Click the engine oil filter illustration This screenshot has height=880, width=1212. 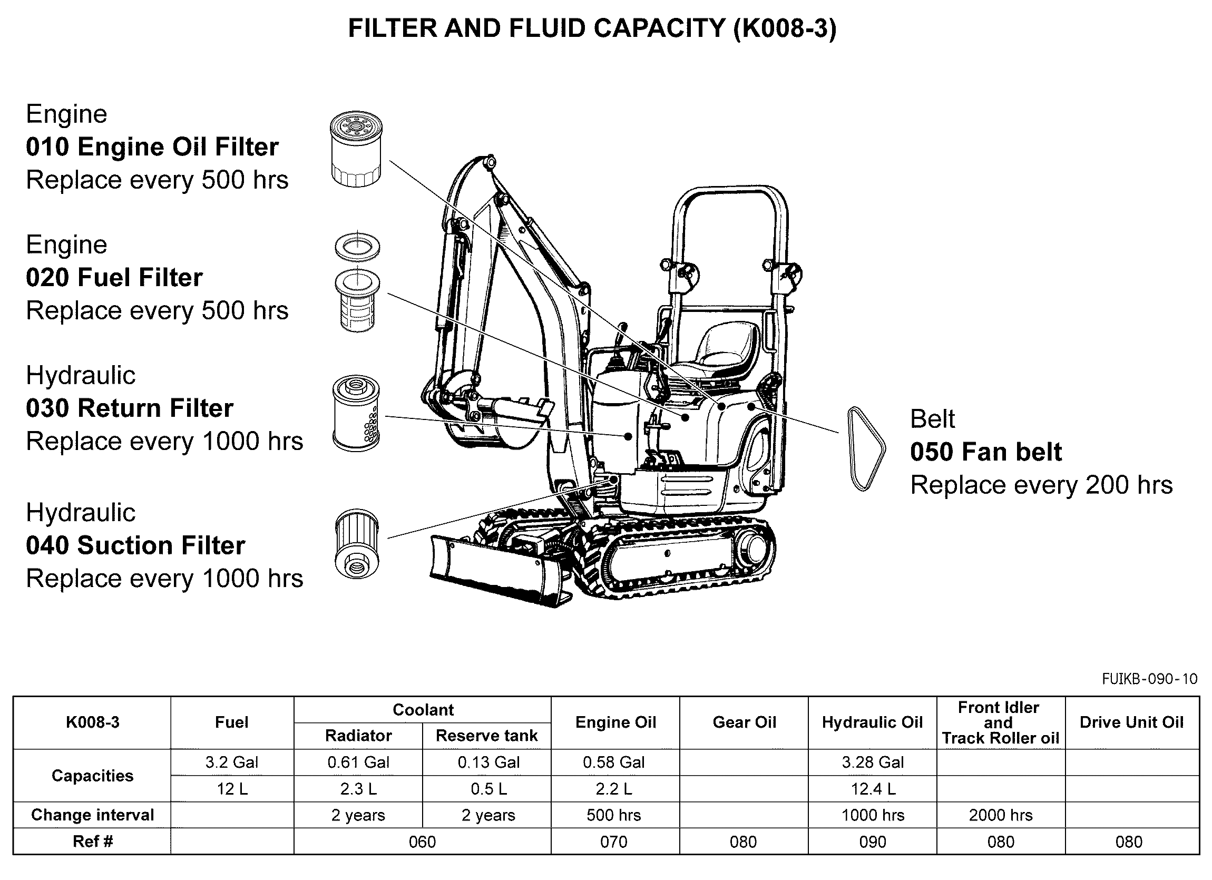(x=356, y=149)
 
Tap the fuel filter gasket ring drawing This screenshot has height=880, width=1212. (x=357, y=247)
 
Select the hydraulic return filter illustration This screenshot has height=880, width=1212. (x=356, y=413)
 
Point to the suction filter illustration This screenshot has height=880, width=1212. (x=356, y=543)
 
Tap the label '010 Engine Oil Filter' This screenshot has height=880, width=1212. (x=152, y=147)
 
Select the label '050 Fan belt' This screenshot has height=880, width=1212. (x=986, y=452)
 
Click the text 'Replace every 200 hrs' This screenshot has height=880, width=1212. (x=1041, y=485)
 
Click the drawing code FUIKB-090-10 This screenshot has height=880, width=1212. (x=1149, y=679)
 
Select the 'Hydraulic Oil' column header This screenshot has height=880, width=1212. (x=872, y=722)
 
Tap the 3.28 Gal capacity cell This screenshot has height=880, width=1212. (x=873, y=762)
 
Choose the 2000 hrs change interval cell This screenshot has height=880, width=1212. (x=1000, y=815)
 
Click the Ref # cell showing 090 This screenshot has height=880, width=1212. (x=872, y=842)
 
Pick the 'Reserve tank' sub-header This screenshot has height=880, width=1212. (x=486, y=736)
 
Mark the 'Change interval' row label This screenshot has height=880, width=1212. (x=92, y=815)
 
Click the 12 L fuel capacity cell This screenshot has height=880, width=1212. (x=232, y=789)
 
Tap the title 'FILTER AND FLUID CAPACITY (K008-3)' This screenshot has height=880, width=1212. (x=592, y=28)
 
